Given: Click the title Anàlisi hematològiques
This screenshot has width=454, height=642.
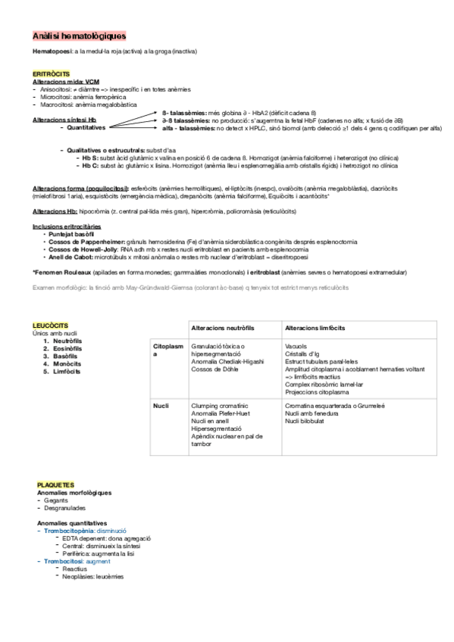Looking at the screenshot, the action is [79, 36].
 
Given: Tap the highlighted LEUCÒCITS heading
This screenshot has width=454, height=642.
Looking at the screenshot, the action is [49, 326].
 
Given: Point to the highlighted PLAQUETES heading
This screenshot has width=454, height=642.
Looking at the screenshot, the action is [56, 484].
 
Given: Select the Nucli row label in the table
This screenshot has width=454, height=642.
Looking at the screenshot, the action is [160, 407].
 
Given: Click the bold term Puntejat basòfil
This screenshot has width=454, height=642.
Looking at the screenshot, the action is [71, 235].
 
